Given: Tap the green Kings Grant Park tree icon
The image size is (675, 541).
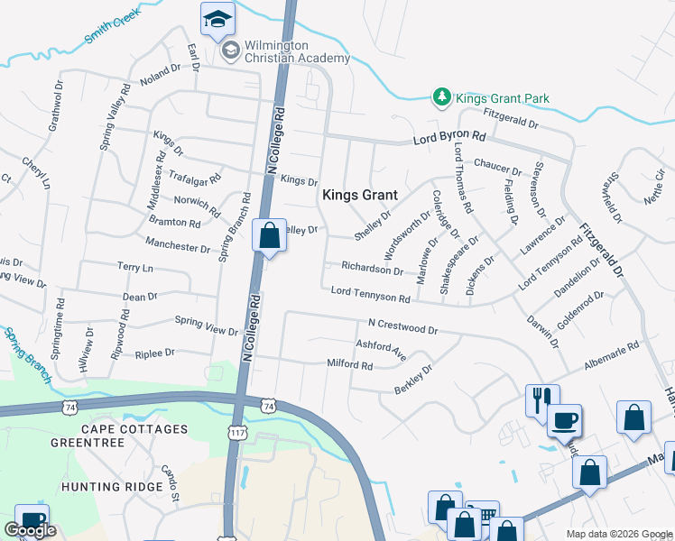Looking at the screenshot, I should pos(441,97).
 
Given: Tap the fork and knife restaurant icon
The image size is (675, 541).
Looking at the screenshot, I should pos(542,399).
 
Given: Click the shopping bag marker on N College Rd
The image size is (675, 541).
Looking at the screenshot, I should pos(269,237).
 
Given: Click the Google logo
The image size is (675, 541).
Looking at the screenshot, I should pos(30,530).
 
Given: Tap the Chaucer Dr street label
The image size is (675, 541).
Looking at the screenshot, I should pos(498,167).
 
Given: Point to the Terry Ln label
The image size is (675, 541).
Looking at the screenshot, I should pos(135,268).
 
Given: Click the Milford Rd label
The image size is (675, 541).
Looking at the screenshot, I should pos(349,365).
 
